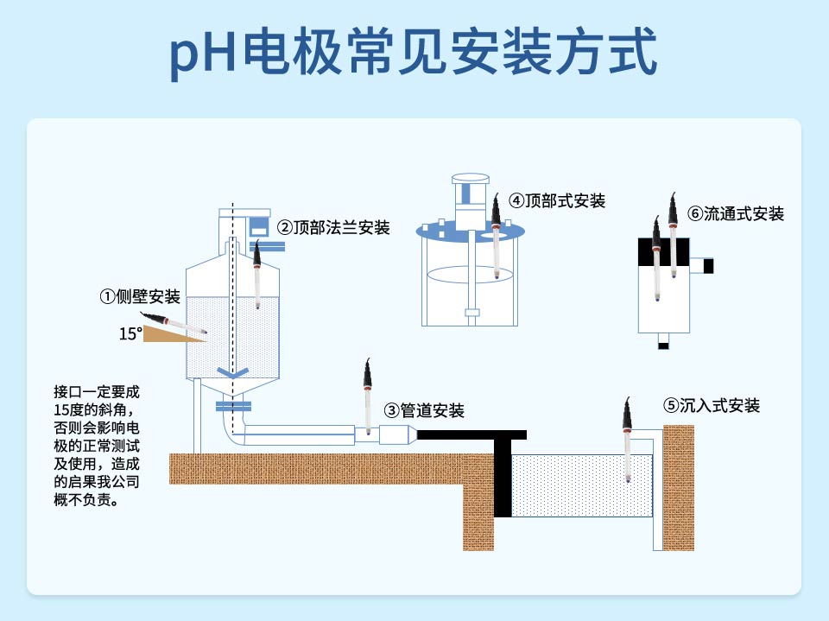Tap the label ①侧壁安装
(x=140, y=297)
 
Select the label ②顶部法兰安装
(x=333, y=228)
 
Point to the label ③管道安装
(x=424, y=409)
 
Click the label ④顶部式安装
(x=557, y=201)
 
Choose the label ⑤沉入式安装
(x=712, y=405)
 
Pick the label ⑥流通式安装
(x=736, y=213)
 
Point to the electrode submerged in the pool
(x=628, y=440)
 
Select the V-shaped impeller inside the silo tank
(x=231, y=374)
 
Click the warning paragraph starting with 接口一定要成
(x=95, y=445)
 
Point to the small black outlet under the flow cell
(x=663, y=346)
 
